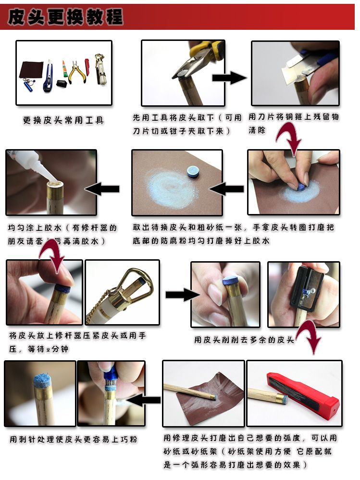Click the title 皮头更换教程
65,17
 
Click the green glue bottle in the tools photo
64,70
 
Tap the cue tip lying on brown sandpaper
193,172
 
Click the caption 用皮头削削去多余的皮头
244,340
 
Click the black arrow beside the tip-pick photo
145,399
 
